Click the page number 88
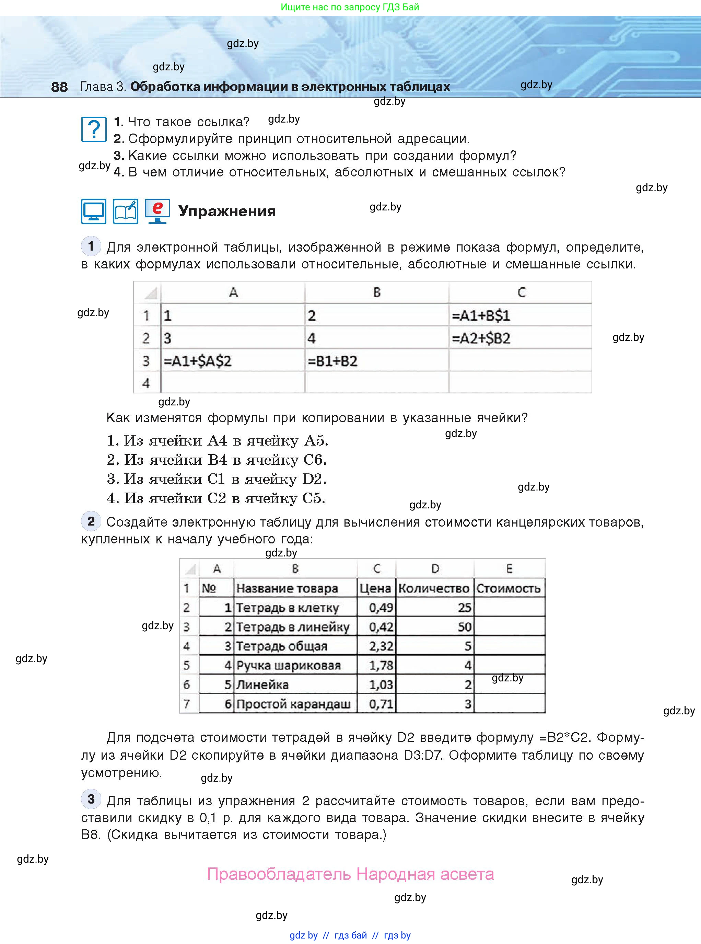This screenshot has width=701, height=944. pyautogui.click(x=59, y=87)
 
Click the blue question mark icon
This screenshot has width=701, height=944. pyautogui.click(x=93, y=129)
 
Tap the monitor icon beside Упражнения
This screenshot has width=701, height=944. pyautogui.click(x=93, y=211)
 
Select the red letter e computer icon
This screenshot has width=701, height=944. pyautogui.click(x=157, y=211)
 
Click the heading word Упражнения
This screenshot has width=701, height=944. pyautogui.click(x=227, y=211)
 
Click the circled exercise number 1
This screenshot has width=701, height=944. pyautogui.click(x=91, y=246)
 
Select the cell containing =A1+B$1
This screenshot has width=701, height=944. pyautogui.click(x=520, y=315)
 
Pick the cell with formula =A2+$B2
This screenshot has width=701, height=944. pyautogui.click(x=520, y=338)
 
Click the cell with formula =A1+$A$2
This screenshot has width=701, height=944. pyautogui.click(x=233, y=361)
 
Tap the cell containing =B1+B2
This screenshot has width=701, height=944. pyautogui.click(x=376, y=361)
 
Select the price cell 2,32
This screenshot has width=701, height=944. pyautogui.click(x=376, y=646)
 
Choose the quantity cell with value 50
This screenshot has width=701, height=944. pyautogui.click(x=435, y=627)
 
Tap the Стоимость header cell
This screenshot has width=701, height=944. pyautogui.click(x=509, y=588)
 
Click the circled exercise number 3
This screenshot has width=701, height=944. pyautogui.click(x=91, y=799)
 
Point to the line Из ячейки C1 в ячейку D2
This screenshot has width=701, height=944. pyautogui.click(x=217, y=479)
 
